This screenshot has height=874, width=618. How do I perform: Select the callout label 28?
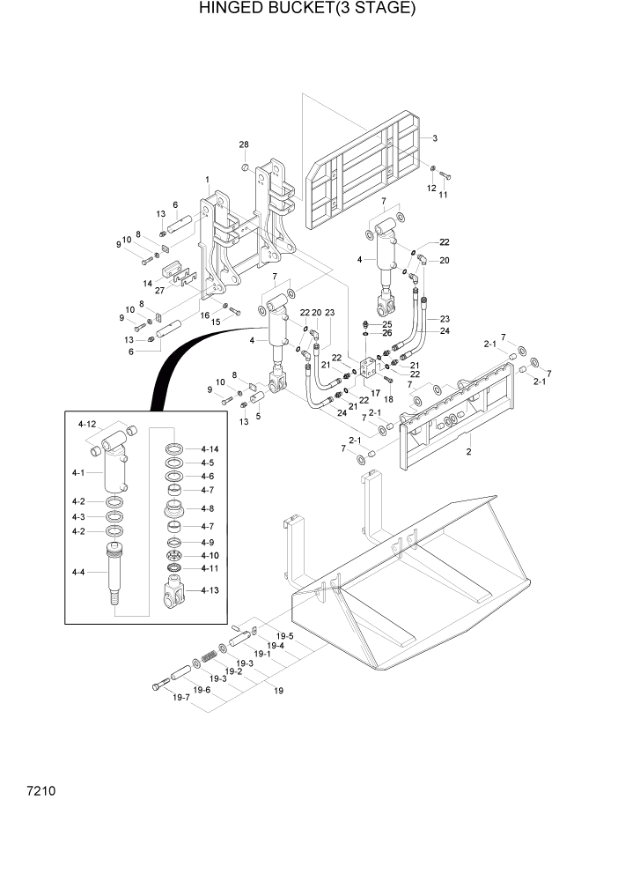[x=244, y=144]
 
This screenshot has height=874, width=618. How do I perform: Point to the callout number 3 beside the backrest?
[x=434, y=138]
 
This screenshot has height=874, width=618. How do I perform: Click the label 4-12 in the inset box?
[x=87, y=425]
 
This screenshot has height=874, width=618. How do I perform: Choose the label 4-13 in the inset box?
[x=209, y=589]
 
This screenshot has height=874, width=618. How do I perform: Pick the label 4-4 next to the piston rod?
[x=79, y=573]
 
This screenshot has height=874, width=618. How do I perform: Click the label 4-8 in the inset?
[x=208, y=508]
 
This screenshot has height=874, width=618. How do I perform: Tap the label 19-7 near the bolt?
[x=180, y=697]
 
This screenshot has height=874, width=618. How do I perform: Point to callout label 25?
[x=386, y=325]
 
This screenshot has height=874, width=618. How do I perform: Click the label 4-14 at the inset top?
[x=208, y=449]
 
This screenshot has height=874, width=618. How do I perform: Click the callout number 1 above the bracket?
[x=207, y=180]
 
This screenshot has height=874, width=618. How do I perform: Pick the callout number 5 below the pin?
[x=257, y=417]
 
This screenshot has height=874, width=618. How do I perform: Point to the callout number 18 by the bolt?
[x=388, y=398]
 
